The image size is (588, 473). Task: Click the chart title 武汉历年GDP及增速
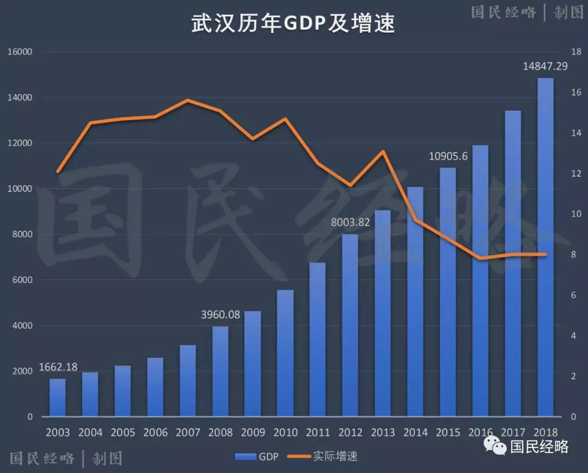293,24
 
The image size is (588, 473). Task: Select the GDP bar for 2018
546,247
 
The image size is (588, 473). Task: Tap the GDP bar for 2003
58,397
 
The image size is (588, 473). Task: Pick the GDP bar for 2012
350,325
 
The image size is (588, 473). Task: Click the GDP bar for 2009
253,364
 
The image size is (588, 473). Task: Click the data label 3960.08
220,315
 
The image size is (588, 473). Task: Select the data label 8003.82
350,222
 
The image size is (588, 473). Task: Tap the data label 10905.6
448,156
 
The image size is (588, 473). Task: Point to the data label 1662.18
58,368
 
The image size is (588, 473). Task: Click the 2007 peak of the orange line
187,100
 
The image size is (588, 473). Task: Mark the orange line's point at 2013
383,151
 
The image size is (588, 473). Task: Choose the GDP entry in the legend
256,457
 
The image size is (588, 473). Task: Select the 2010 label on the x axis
285,433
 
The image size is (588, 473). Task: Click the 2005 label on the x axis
123,433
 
